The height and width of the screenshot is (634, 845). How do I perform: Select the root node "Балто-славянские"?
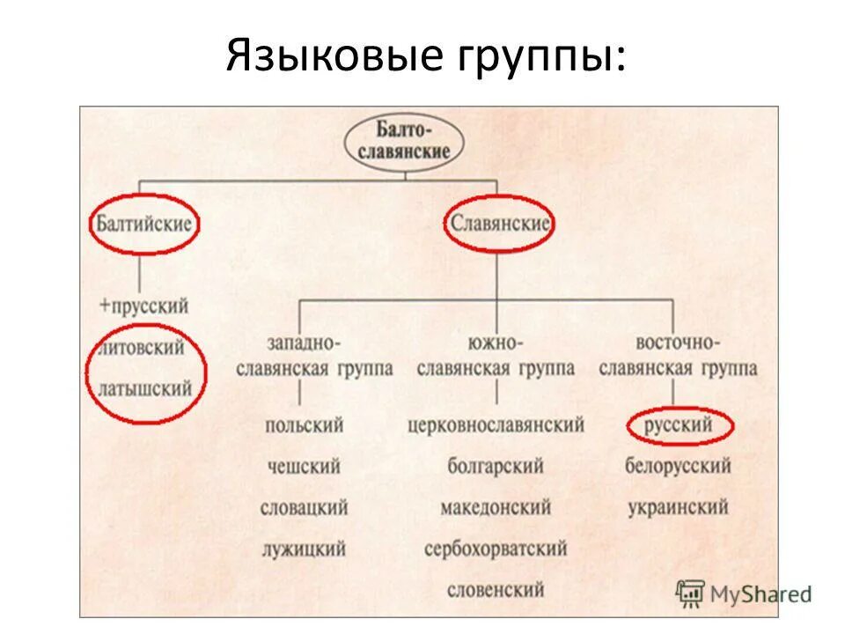tap(404, 141)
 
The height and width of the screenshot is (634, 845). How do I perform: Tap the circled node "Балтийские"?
tap(144, 223)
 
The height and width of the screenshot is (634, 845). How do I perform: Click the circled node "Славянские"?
tap(499, 223)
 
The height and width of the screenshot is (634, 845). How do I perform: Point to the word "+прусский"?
tap(144, 306)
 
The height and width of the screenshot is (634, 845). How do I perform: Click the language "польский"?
tap(305, 426)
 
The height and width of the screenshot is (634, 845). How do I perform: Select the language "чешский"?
tap(304, 467)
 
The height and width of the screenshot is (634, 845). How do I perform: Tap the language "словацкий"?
tap(305, 508)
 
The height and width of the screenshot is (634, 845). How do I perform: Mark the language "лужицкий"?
tap(305, 549)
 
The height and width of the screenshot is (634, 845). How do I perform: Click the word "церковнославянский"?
tap(496, 426)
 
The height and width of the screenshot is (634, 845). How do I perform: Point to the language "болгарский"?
tap(496, 467)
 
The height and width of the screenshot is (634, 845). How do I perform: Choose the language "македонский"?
tap(496, 508)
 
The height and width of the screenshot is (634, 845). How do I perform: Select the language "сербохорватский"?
tap(496, 549)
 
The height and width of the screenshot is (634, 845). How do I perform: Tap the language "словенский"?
tap(496, 589)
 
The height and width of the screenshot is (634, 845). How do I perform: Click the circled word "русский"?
tap(679, 426)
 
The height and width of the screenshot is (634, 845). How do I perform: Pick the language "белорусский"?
tap(679, 467)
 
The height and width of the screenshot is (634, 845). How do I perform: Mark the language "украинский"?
tap(679, 508)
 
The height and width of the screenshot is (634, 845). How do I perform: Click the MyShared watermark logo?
tap(744, 593)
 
